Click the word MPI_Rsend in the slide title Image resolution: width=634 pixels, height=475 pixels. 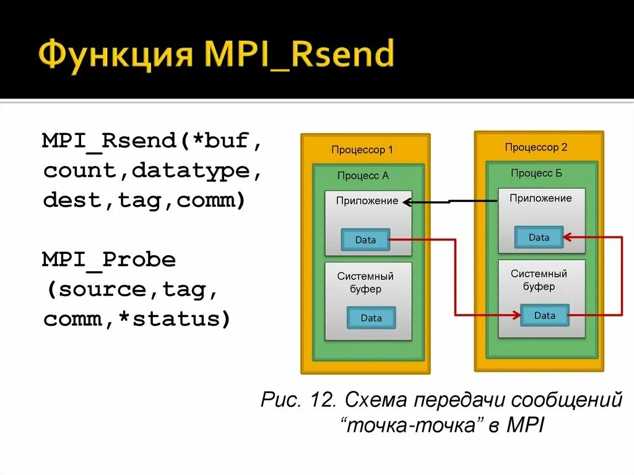click(300, 54)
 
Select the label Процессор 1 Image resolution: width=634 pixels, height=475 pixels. click(362, 150)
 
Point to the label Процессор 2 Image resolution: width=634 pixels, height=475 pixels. click(536, 147)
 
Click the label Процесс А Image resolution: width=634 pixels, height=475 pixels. click(363, 176)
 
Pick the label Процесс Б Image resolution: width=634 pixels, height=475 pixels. click(537, 173)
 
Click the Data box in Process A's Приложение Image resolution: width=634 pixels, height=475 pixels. click(365, 240)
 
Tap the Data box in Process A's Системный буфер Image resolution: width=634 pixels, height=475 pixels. click(371, 318)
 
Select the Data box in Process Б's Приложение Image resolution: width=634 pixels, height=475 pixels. click(539, 237)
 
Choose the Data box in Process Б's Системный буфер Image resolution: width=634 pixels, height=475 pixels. click(544, 315)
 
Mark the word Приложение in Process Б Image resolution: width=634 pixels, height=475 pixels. click(541, 198)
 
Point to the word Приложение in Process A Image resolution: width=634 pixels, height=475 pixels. click(367, 201)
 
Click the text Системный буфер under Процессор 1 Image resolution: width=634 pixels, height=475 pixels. click(365, 282)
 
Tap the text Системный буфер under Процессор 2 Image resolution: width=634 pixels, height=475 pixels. click(539, 280)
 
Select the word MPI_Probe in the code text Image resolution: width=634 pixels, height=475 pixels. click(109, 259)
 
